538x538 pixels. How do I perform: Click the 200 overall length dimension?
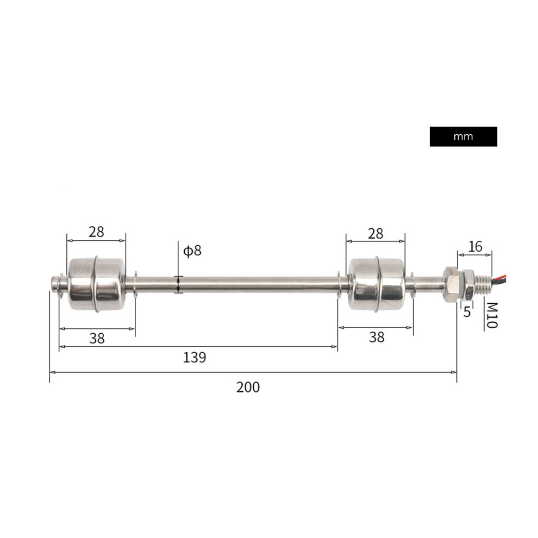[x=248, y=387]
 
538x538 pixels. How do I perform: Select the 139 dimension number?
[x=194, y=358]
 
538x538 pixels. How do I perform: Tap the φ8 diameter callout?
[x=192, y=251]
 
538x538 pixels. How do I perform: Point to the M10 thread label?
[x=491, y=315]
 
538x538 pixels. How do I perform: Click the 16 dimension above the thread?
[x=475, y=246]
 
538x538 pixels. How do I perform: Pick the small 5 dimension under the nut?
[x=467, y=312]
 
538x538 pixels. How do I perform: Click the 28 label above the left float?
[x=96, y=232]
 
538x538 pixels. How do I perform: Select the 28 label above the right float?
[x=376, y=234]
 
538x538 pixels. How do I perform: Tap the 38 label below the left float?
[x=97, y=339]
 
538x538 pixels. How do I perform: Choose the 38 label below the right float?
[x=377, y=337]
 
